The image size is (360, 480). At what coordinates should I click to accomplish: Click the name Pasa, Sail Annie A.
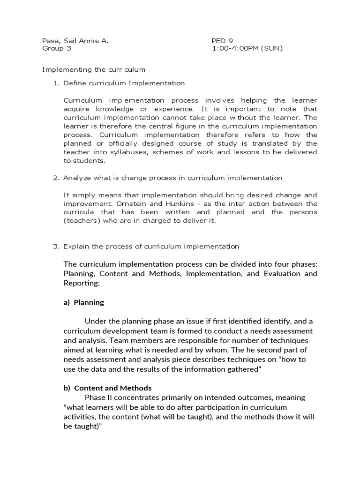tap(75, 41)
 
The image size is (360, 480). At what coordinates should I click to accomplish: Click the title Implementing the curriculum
tap(94, 69)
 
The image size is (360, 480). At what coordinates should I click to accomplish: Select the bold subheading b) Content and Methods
tap(107, 388)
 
